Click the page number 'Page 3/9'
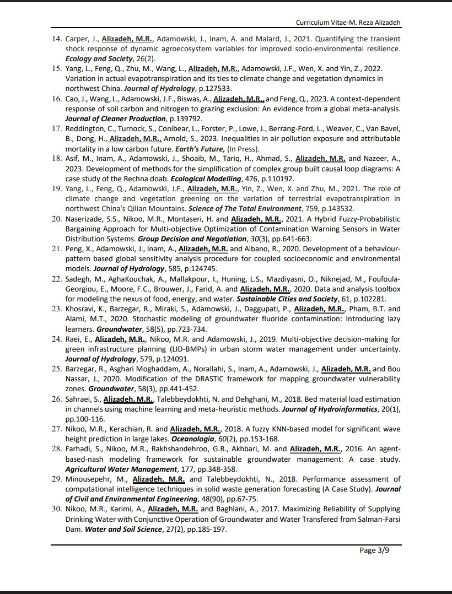[374, 550]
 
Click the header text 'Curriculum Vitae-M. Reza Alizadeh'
[348, 23]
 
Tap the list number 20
[56, 219]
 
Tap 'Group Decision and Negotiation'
[192, 239]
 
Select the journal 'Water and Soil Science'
[122, 529]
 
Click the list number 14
[56, 39]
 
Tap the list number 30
[56, 509]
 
